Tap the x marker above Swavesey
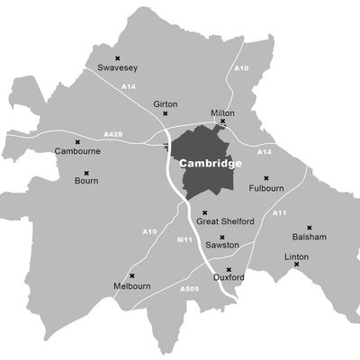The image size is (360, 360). click(117, 58)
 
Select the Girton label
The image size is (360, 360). click(166, 104)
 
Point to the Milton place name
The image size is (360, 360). click(222, 112)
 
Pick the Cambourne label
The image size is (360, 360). click(77, 151)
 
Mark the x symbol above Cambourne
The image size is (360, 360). click(78, 142)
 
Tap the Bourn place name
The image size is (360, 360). click(87, 182)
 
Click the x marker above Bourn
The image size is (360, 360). click(87, 173)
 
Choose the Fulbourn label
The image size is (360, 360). click(266, 188)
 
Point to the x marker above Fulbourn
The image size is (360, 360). click(266, 178)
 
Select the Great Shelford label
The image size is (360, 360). click(225, 220)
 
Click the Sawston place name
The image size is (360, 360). click(221, 245)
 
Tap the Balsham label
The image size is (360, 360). click(309, 237)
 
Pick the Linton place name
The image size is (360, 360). click(296, 256)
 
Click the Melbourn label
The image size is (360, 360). click(131, 285)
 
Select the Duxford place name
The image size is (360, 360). click(229, 279)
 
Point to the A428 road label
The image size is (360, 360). click(112, 134)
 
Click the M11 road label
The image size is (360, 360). click(184, 239)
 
